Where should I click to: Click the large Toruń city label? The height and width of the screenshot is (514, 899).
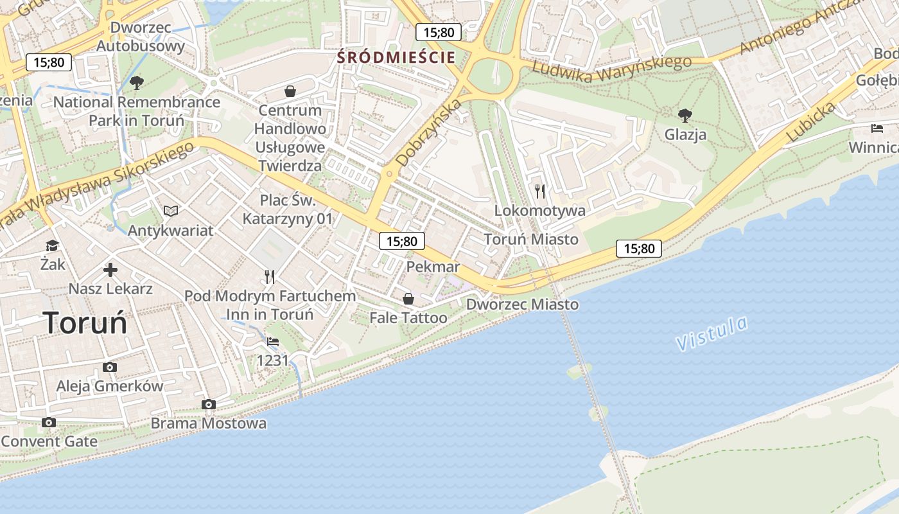85,323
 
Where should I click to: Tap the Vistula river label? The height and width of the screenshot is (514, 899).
712,333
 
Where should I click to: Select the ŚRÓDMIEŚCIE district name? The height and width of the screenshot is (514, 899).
396,57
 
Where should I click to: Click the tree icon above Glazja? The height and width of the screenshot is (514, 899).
685,116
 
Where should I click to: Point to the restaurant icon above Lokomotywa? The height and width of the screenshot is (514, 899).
540,191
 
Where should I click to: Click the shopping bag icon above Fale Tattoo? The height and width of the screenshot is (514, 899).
408,299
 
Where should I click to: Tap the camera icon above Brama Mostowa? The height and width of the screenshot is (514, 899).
208,404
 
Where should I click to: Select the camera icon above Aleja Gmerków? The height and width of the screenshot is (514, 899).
110,367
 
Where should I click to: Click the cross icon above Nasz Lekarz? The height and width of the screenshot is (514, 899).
110,270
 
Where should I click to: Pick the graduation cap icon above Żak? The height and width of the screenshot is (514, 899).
52,245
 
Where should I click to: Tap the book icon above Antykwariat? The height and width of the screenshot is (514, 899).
170,211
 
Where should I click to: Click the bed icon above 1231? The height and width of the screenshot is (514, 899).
273,341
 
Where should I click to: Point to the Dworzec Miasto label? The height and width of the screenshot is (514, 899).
522,305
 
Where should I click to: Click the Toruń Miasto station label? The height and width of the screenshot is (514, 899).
530,239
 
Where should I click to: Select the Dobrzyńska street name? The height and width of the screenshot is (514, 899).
429,133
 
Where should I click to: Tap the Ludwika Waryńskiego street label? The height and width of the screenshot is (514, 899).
612,69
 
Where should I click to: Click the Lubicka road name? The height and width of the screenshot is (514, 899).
811,122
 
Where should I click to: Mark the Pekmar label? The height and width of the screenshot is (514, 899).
433,267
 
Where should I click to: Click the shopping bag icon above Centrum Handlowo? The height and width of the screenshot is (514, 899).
290,91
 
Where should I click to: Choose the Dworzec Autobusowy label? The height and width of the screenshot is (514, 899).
140,37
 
